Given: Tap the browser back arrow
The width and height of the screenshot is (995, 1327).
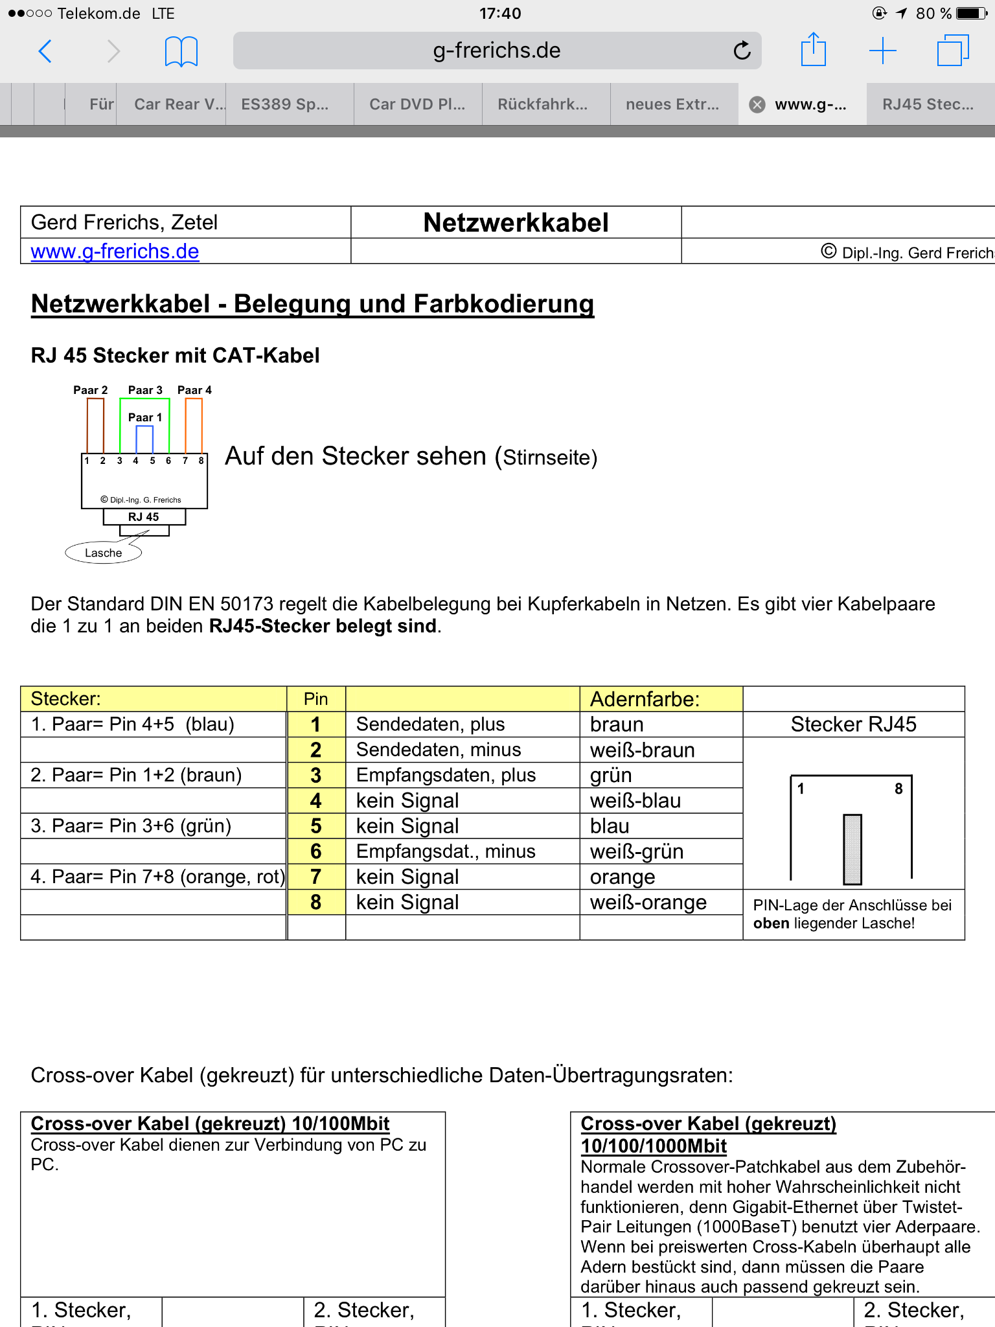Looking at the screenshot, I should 45,51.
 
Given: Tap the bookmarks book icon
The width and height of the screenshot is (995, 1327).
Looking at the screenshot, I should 181,51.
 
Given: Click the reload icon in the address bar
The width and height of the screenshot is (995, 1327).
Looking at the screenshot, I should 742,51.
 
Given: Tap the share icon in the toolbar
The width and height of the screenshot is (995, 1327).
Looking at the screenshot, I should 813,51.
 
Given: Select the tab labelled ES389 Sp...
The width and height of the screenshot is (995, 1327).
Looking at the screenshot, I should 285,104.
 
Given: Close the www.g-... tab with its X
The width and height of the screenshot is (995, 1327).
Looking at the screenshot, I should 757,104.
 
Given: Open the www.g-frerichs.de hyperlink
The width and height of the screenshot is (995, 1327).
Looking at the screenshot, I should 115,251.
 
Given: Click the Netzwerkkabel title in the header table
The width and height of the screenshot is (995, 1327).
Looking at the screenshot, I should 516,223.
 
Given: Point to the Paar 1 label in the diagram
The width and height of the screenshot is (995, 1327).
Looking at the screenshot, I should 144,417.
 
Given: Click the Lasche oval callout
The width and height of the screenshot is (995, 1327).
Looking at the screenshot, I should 104,553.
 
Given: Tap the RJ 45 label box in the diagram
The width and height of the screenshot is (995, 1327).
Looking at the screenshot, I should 144,517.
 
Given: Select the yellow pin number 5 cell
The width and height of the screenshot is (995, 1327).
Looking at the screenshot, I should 315,826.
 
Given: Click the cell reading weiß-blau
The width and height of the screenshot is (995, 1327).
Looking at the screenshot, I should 635,801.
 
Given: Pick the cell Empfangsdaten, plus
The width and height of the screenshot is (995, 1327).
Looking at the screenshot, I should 446,775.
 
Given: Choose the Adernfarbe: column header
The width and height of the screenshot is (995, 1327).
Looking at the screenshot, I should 645,699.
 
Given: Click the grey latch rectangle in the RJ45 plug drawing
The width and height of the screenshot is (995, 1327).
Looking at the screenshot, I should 852,849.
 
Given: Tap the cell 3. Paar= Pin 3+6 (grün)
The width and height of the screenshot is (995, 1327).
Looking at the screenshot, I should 131,826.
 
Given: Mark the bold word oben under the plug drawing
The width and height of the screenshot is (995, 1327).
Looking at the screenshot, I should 771,923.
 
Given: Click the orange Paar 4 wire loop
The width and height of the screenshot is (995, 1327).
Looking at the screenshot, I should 194,424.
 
